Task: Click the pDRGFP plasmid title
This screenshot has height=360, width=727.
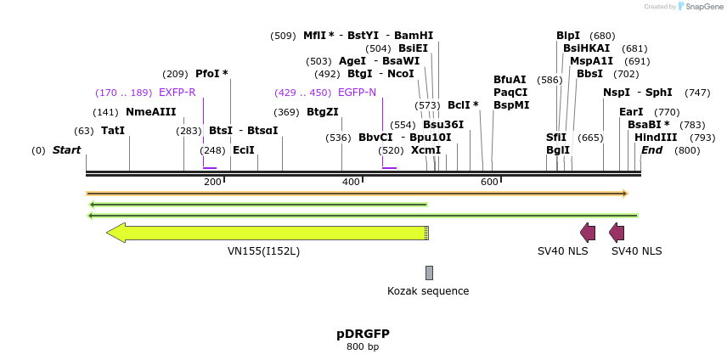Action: coord(363,334)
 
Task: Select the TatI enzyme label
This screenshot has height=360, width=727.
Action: coord(113,131)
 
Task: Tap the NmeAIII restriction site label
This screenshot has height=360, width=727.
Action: coord(150,112)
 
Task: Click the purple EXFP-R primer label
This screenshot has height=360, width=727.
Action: coord(177,93)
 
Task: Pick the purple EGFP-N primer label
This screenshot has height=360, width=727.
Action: coord(357,93)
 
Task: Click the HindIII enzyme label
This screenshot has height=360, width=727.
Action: coord(656,138)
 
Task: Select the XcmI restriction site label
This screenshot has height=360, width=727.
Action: coord(425,150)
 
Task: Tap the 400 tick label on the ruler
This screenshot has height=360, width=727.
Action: coord(350,183)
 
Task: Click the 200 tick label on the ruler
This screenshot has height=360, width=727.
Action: coord(212,183)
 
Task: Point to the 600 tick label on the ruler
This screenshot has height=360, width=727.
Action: coord(489,183)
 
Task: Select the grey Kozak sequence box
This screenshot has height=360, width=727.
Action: coord(429,273)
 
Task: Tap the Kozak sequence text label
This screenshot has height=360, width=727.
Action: coord(428,291)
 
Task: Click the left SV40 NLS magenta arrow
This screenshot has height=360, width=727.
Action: coord(588,233)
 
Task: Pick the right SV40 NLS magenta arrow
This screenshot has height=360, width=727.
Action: coord(617,233)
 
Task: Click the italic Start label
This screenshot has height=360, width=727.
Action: coord(66,150)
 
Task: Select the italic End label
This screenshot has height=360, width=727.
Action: coord(651,150)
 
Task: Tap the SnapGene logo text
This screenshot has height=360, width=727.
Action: coord(704,7)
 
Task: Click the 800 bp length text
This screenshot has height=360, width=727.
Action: coord(363,346)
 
